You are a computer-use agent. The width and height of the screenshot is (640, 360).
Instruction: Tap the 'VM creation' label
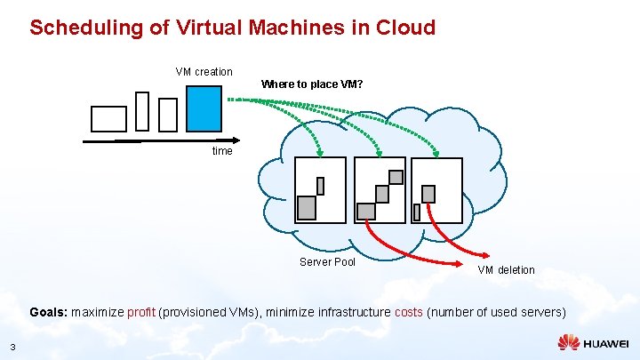[204, 71]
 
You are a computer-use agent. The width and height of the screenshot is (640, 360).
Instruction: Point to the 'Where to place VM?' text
[312, 84]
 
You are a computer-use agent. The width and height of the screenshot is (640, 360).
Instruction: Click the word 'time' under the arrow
[222, 151]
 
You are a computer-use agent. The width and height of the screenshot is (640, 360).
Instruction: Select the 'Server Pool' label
[327, 262]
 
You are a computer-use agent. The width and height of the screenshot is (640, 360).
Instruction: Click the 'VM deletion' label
[506, 269]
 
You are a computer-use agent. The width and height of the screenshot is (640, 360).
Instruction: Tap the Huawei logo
[593, 342]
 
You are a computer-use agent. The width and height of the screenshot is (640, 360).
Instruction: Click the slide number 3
[12, 346]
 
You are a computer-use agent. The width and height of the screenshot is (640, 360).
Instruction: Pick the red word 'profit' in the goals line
[141, 313]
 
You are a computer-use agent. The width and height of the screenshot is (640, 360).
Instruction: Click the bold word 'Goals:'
[48, 313]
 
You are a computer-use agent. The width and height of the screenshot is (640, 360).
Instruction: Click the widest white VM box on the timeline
[109, 118]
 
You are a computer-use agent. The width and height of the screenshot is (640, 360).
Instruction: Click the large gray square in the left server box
[306, 207]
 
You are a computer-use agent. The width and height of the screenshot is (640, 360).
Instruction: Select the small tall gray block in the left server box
[320, 186]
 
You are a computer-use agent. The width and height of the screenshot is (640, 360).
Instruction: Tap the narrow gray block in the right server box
[417, 212]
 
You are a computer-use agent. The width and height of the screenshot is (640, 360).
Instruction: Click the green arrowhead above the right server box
[441, 151]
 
